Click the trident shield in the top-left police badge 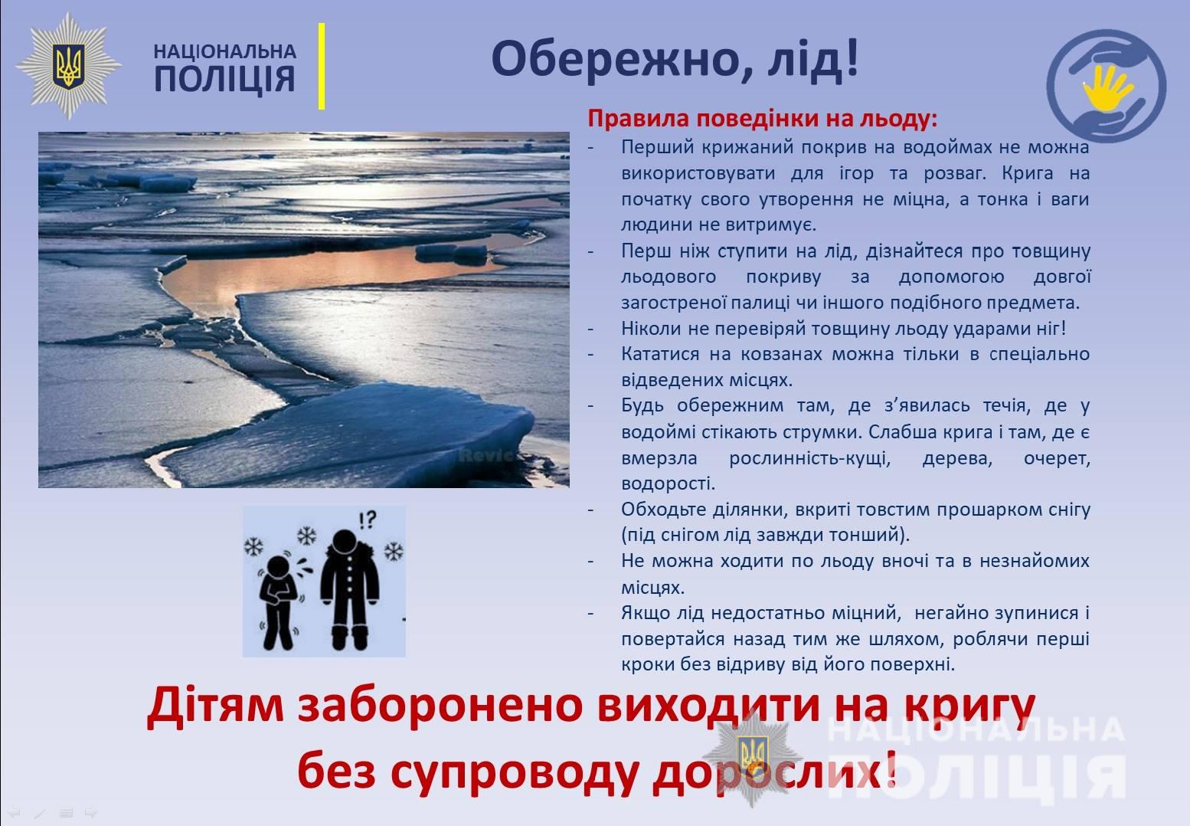(68, 67)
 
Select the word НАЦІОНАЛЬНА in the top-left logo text (224, 51)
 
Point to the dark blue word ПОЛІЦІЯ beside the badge (224, 80)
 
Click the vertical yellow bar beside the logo (322, 67)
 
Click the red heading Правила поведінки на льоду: (763, 118)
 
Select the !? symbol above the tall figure (368, 520)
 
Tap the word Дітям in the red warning (215, 706)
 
